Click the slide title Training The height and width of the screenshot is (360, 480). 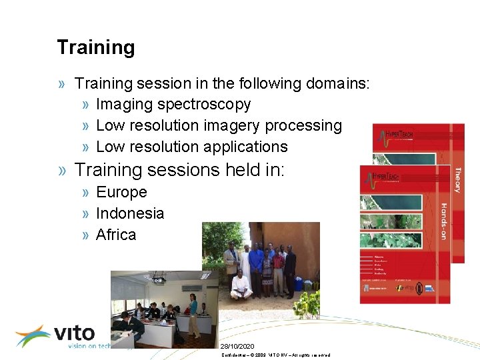(x=95, y=47)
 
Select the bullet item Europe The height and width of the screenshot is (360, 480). (x=121, y=192)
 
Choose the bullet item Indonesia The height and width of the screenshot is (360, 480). (x=130, y=213)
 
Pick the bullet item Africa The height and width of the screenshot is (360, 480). (x=116, y=235)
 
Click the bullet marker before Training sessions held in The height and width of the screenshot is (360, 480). (x=62, y=171)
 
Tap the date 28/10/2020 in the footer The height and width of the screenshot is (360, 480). (x=237, y=347)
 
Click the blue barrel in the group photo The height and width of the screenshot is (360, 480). (x=297, y=283)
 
